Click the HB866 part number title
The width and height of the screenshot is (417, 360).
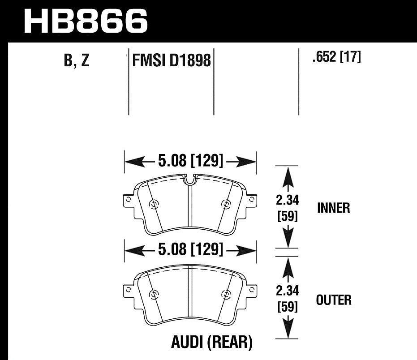click(85, 20)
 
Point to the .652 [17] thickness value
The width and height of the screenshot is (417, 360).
click(336, 58)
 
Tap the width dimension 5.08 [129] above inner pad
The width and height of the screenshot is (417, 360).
click(190, 161)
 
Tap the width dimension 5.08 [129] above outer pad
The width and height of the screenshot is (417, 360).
click(190, 249)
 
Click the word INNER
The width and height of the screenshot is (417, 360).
click(334, 208)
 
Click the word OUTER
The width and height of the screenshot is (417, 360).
click(334, 300)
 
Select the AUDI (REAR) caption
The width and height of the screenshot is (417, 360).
click(212, 343)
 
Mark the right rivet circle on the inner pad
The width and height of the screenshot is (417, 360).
click(225, 205)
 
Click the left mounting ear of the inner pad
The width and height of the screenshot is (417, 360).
click(129, 200)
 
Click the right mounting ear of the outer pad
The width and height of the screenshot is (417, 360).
click(252, 291)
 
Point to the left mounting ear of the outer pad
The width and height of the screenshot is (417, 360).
click(129, 291)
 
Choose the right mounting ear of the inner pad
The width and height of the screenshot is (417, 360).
click(252, 200)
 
